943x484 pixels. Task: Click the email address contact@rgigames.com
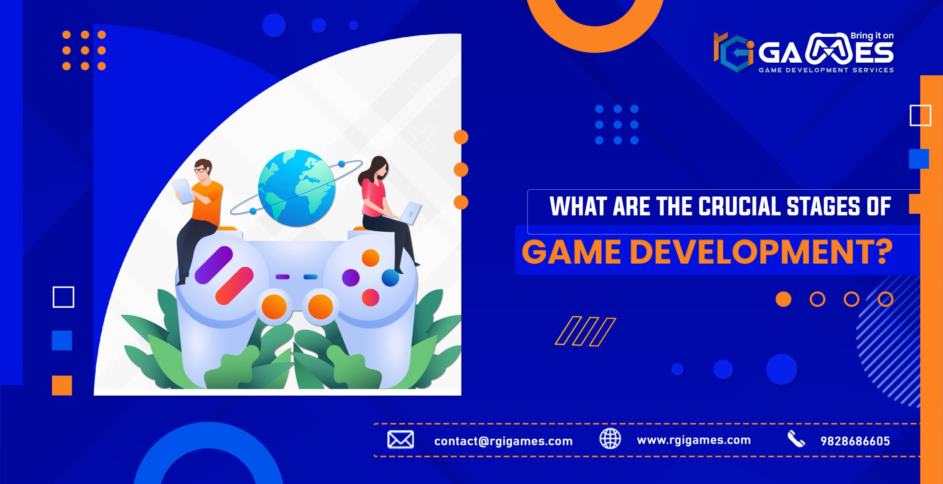503,441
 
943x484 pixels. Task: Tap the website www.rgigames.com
694,440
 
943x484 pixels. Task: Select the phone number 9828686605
855,441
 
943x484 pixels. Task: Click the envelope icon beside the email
400,439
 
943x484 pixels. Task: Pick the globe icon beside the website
610,439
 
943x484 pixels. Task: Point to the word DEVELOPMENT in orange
760,252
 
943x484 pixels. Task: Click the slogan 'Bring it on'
872,36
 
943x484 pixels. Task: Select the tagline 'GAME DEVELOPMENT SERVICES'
826,70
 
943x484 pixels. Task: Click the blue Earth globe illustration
297,188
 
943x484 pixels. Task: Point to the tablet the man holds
183,190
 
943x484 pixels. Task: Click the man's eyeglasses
200,170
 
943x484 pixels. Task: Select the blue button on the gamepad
390,278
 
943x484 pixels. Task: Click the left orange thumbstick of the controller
274,306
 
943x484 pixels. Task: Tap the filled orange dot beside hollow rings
783,299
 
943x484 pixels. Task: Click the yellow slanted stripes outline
585,331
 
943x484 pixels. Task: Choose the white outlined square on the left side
63,297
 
